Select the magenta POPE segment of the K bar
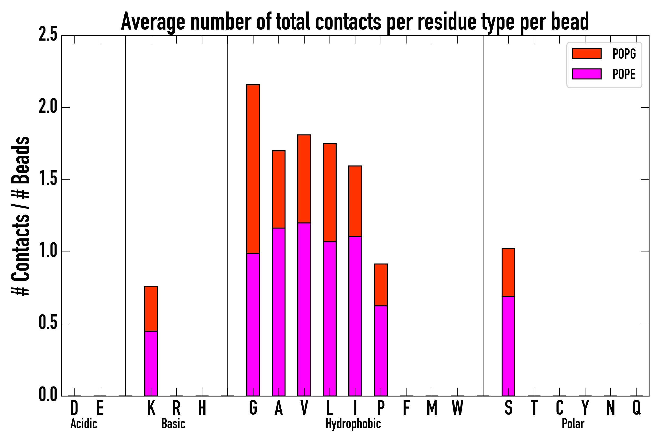point(151,363)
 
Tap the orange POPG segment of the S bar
point(508,273)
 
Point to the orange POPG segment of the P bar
point(381,285)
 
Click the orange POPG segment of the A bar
point(278,189)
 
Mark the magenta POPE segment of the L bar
point(330,319)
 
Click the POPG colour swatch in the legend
point(586,54)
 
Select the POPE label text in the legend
point(624,74)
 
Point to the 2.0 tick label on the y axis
point(48,108)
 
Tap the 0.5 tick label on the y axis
point(48,324)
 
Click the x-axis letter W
point(457,408)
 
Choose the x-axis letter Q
point(636,408)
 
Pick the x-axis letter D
point(74,408)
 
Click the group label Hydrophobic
point(353,424)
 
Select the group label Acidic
point(84,424)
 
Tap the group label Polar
point(573,424)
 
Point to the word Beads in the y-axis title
point(21,160)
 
